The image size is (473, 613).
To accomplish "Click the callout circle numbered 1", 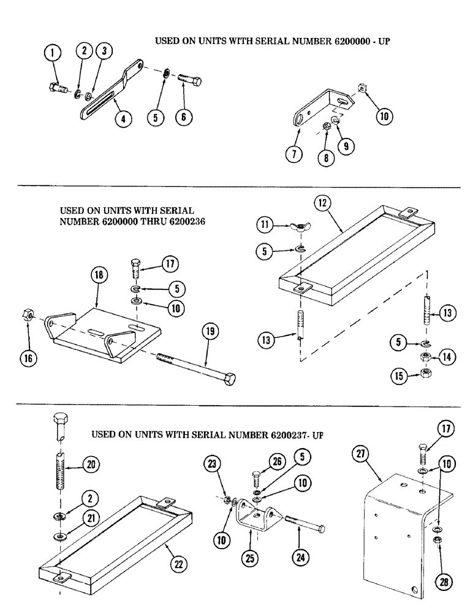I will (x=53, y=55).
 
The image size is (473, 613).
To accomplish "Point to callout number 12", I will (x=324, y=203).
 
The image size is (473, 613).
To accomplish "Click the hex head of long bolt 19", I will (x=228, y=381).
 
